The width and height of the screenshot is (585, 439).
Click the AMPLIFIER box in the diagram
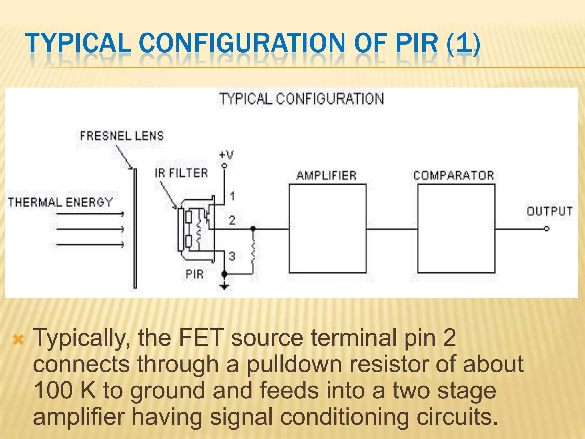point(327,228)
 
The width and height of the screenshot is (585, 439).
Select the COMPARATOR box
point(456,228)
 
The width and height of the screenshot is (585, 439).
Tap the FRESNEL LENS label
point(122,136)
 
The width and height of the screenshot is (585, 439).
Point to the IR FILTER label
point(181,173)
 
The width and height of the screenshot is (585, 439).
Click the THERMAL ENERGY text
point(60,202)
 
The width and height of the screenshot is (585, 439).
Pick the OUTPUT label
point(549,211)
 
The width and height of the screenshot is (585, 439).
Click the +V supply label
point(226,155)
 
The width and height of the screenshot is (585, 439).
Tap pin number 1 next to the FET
point(232,196)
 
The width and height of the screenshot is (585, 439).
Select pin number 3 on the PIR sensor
point(232,256)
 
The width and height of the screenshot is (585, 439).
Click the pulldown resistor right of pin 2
point(253,252)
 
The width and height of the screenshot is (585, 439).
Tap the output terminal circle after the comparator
point(546,228)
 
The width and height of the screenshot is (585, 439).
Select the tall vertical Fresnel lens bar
point(135,228)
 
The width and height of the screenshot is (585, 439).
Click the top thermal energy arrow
point(90,214)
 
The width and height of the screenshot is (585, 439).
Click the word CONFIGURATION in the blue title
point(242,43)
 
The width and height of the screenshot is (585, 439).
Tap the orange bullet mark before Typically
point(19,340)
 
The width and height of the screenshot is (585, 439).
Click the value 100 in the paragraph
point(53,390)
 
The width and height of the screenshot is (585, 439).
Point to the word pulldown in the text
point(294,364)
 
